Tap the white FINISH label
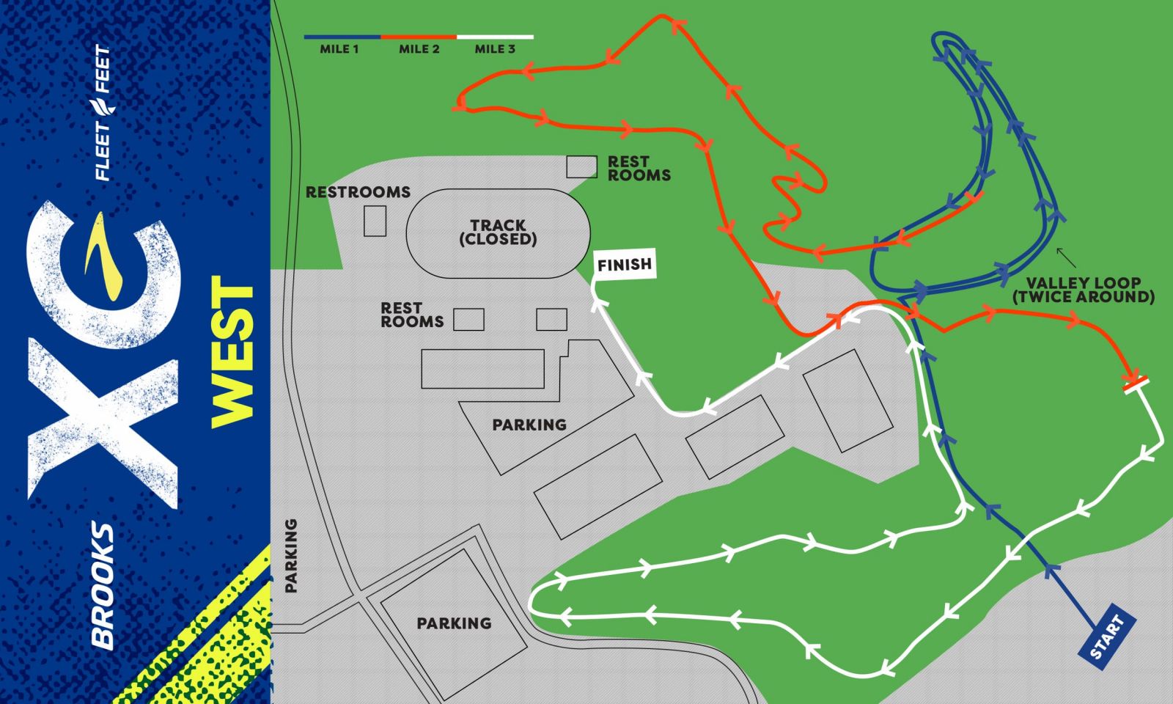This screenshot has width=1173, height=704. pos(625,265)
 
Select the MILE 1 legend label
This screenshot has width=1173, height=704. pos(339,49)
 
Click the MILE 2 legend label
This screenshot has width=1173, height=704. pos(419,49)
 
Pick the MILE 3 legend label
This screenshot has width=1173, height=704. pos(495,49)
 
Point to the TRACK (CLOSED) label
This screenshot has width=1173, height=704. pos(498,232)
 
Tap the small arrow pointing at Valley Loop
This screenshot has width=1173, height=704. pos(1066,257)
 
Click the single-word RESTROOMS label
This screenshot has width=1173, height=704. pos(358,192)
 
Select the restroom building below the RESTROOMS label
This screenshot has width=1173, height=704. pos(375,221)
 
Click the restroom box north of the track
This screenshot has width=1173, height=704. pos(581,166)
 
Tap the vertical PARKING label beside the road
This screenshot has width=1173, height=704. pos(291,555)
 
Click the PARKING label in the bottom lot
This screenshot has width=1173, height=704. pos(454,623)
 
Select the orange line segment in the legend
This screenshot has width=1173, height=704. pos(419,36)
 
